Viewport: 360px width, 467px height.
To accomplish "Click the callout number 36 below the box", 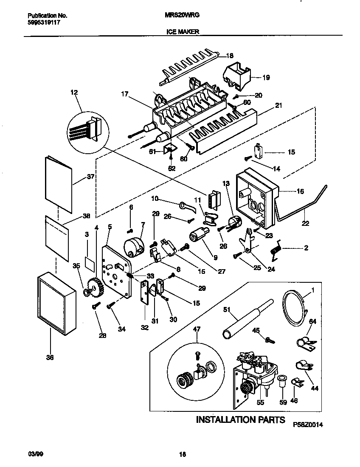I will (50, 358).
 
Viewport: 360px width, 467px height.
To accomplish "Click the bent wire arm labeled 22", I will (306, 204).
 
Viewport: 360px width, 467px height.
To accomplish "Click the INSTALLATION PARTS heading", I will (240, 420).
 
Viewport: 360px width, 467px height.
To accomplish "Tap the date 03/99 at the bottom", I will (37, 454).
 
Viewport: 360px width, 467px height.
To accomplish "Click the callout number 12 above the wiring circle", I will (74, 92).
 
